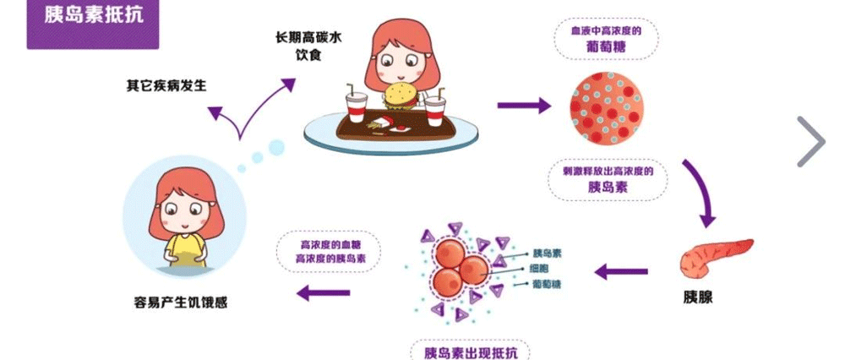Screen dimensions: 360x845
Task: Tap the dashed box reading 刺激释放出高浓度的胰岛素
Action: click(x=607, y=178)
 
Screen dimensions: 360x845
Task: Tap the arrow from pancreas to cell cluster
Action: click(x=621, y=272)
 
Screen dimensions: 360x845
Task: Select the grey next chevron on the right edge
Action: click(x=810, y=140)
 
